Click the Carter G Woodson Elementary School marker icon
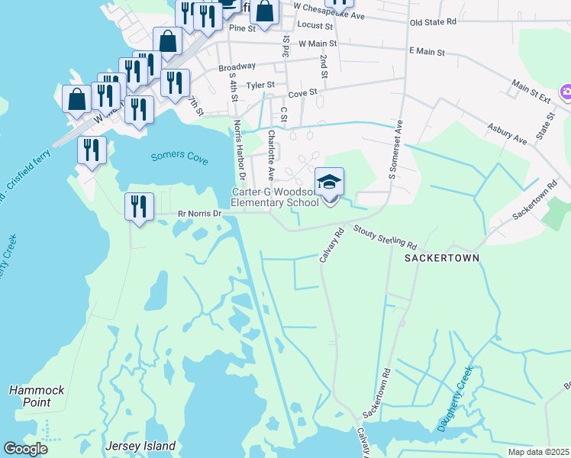coord(330,183)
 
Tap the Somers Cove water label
coord(179,156)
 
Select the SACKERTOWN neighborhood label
coord(442,258)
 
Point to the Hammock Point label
coord(30,395)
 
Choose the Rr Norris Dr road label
coord(198,214)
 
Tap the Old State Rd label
coord(433,22)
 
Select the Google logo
coord(26,449)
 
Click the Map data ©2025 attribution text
coord(538,452)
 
